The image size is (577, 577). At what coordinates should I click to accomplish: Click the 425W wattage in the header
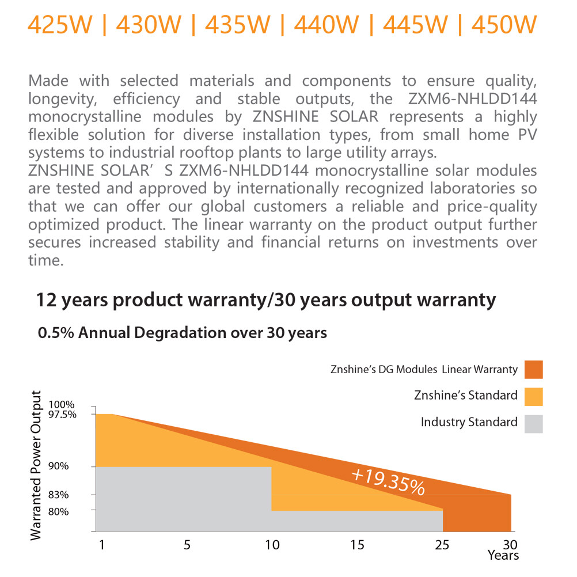pyautogui.click(x=60, y=25)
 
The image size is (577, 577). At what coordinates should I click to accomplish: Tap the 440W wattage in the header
pyautogui.click(x=326, y=25)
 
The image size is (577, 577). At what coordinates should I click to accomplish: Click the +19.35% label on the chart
pyautogui.click(x=388, y=481)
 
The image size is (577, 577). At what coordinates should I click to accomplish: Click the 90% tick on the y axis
pyautogui.click(x=75, y=466)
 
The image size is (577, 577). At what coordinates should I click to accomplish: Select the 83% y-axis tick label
pyautogui.click(x=75, y=495)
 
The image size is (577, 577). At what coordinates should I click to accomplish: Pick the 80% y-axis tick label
pyautogui.click(x=75, y=511)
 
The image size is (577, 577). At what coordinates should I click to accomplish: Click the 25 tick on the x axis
pyautogui.click(x=443, y=545)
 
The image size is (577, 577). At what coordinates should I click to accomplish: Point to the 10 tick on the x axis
pyautogui.click(x=271, y=545)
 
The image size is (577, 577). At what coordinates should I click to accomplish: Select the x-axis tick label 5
pyautogui.click(x=187, y=545)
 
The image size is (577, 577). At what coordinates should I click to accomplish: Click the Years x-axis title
pyautogui.click(x=503, y=556)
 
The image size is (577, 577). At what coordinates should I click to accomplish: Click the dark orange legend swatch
pyautogui.click(x=534, y=369)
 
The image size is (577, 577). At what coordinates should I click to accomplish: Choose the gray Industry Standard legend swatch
pyautogui.click(x=534, y=423)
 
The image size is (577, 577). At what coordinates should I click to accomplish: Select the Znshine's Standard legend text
pyautogui.click(x=465, y=396)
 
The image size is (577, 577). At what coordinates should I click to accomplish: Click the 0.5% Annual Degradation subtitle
pyautogui.click(x=182, y=333)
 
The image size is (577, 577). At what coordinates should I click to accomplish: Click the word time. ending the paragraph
pyautogui.click(x=45, y=260)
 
